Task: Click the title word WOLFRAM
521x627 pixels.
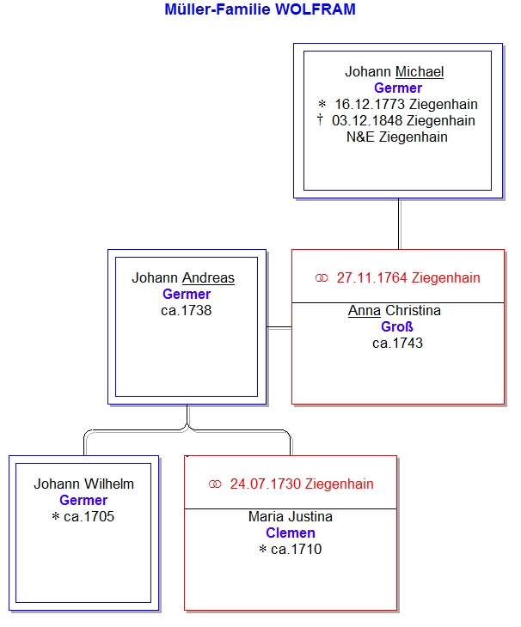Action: [316, 9]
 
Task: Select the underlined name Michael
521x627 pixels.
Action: [420, 71]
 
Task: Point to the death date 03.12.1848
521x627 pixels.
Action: [367, 121]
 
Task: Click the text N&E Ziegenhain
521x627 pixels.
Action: [397, 137]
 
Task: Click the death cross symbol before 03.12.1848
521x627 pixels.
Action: [320, 119]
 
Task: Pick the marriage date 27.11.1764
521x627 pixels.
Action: [371, 278]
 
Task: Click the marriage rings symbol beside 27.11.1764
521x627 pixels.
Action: [322, 278]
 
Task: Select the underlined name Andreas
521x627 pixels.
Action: [208, 278]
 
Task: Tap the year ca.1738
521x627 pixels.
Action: [186, 311]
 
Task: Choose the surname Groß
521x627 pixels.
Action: [397, 326]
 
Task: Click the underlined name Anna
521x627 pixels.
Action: [365, 310]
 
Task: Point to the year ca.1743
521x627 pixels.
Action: [397, 343]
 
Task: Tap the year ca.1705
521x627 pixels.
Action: [89, 517]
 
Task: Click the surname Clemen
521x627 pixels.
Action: [291, 533]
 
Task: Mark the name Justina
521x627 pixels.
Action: [311, 517]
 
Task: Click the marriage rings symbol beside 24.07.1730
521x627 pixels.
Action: [215, 484]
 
